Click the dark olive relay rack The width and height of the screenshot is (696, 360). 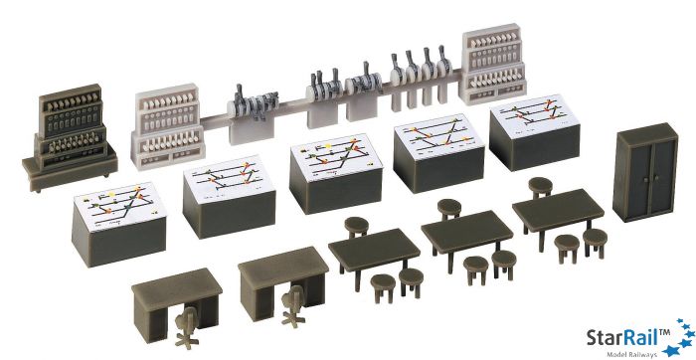(x=69, y=133)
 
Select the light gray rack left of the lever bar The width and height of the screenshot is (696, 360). (x=169, y=123)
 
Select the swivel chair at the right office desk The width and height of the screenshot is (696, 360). (x=294, y=304)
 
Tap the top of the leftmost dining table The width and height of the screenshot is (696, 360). (x=373, y=246)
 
